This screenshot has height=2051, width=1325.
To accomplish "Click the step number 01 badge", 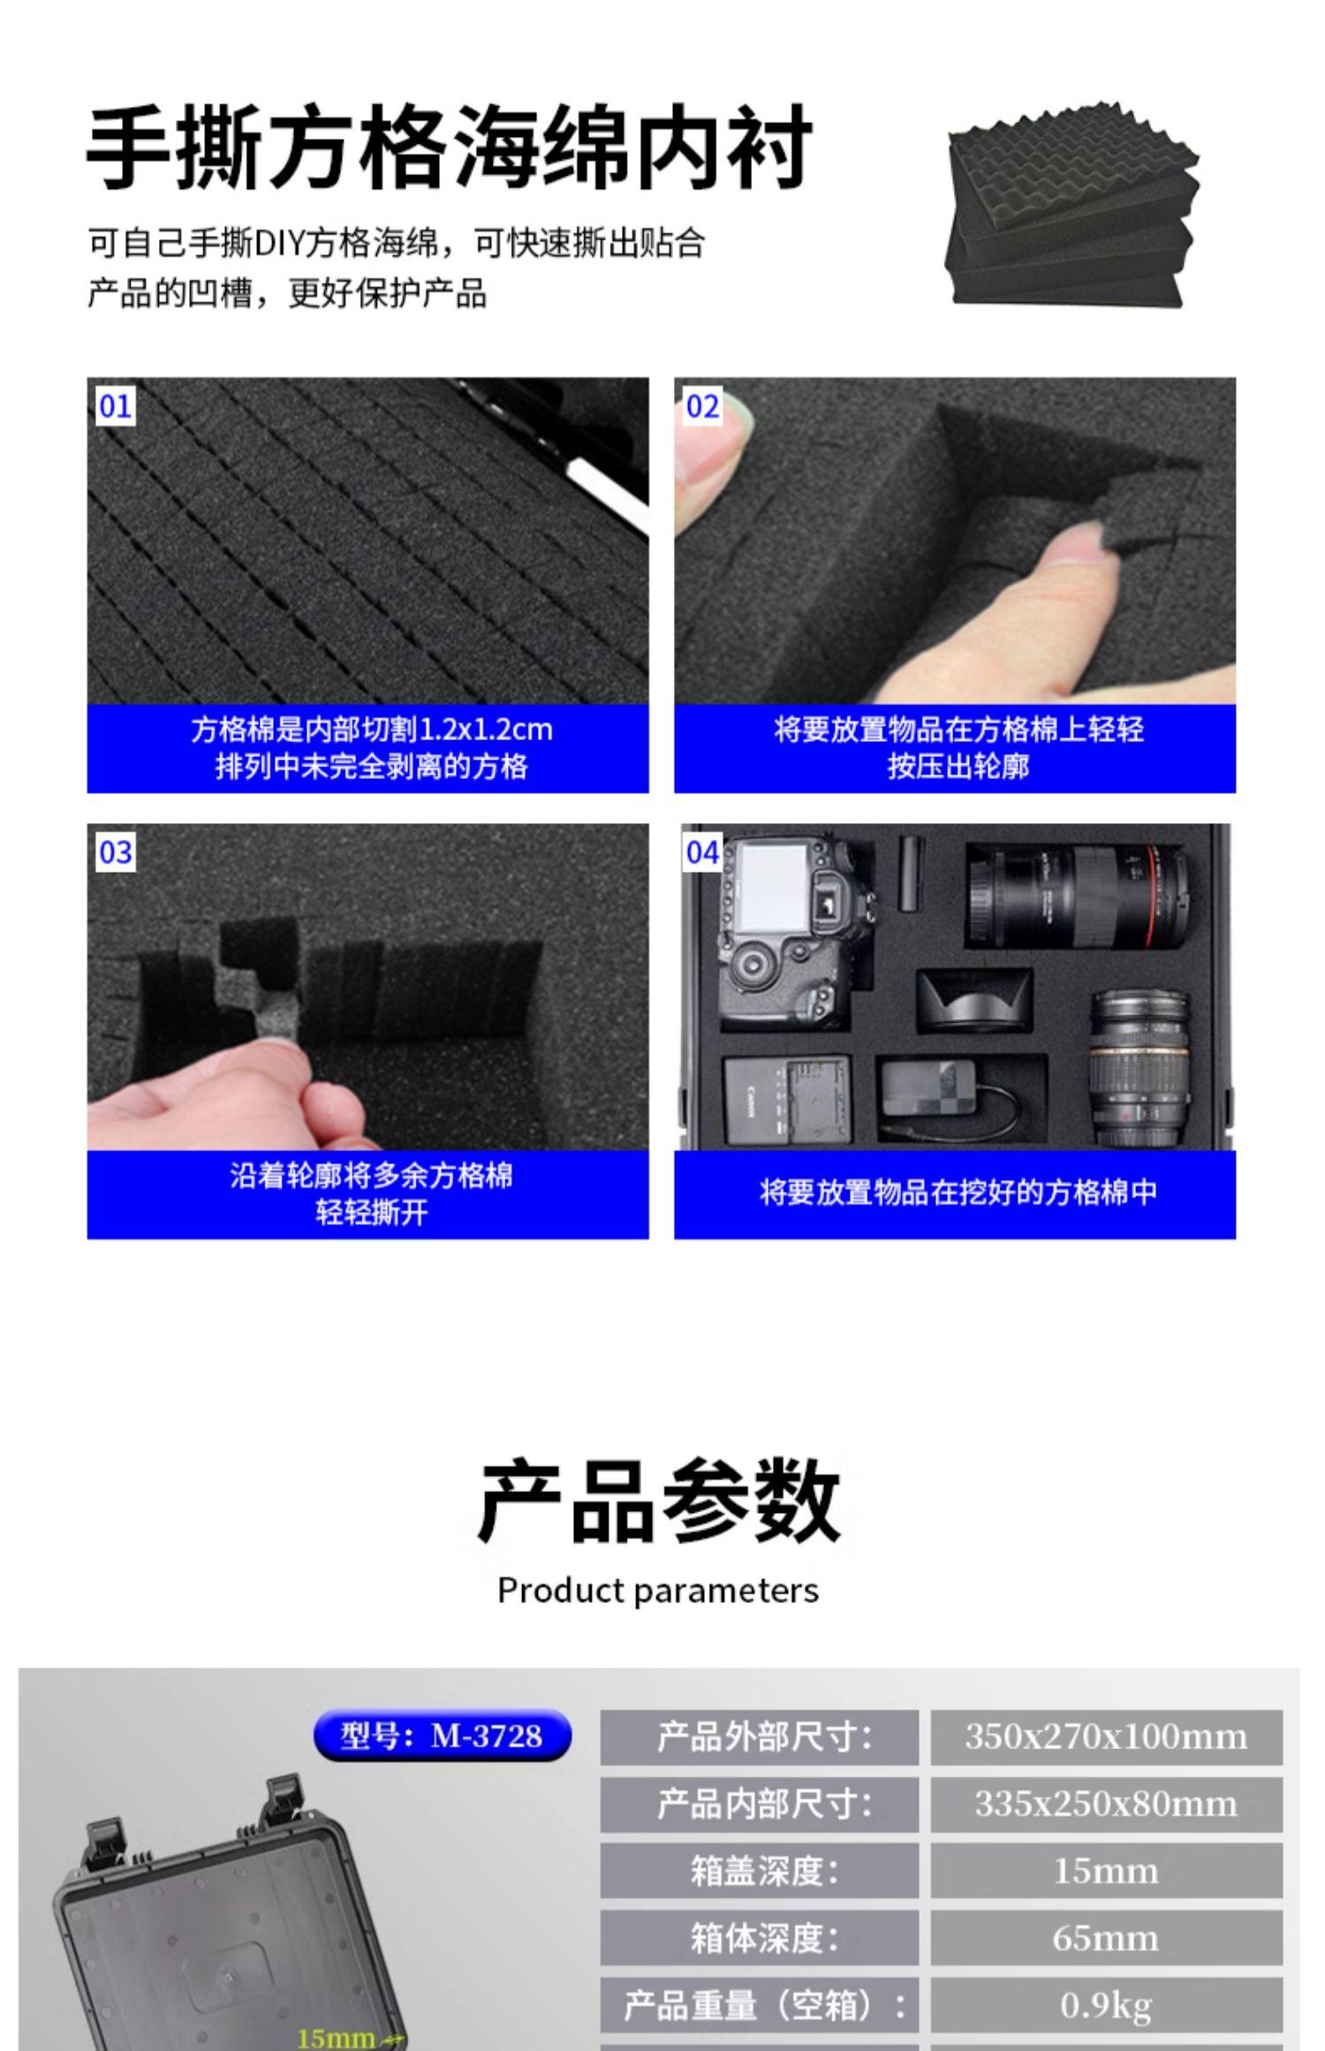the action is click(116, 406).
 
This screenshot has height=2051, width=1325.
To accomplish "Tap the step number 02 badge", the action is click(703, 406).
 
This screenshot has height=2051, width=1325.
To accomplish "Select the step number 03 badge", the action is click(116, 852).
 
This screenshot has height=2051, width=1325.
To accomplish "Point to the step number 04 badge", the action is click(703, 852).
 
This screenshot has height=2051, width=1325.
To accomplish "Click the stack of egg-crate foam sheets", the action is click(1071, 206).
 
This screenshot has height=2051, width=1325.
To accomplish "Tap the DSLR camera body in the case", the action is click(795, 932).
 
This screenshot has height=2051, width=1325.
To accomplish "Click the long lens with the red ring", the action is click(1078, 896).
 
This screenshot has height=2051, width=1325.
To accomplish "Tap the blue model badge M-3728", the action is click(443, 1736).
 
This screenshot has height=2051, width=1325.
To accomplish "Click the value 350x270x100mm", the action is click(1106, 1737).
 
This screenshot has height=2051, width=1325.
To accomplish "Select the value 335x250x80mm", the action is click(1106, 1804).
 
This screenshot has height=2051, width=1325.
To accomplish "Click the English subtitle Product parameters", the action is click(658, 1591).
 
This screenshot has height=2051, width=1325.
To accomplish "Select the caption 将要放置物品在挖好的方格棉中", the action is click(958, 1192).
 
